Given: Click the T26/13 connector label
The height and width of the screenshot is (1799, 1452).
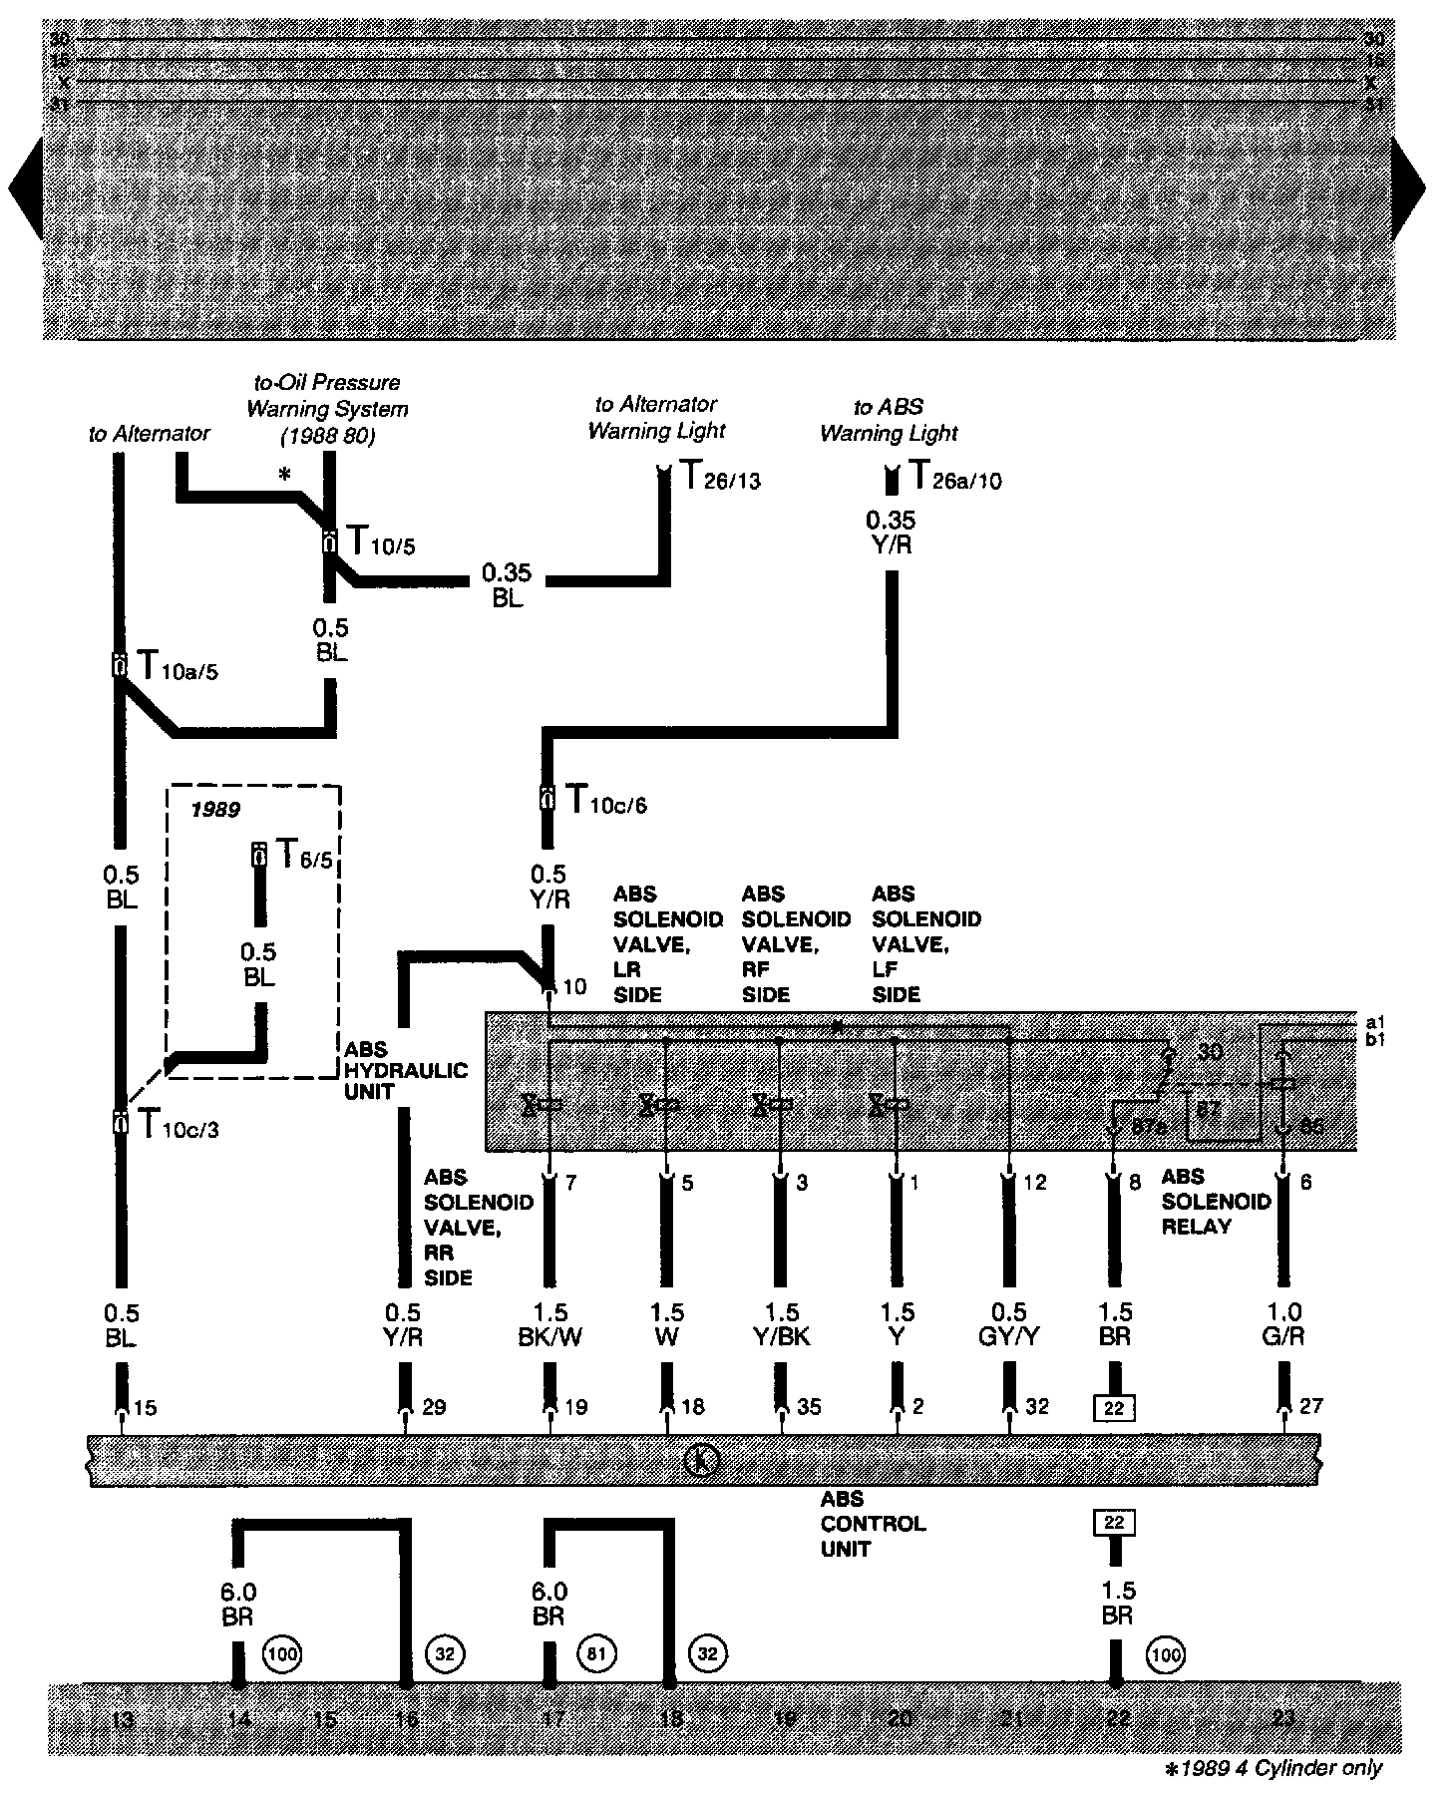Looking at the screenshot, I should (721, 478).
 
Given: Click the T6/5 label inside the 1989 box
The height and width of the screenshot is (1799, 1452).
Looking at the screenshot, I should (303, 855).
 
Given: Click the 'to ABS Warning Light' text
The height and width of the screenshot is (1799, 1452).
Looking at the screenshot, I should (889, 420).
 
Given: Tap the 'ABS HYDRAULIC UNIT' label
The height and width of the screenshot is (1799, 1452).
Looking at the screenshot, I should (406, 1070).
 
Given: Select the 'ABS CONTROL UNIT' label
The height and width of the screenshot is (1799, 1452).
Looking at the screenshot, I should (873, 1524).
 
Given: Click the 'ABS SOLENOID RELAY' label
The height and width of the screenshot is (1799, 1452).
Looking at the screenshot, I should (1216, 1202).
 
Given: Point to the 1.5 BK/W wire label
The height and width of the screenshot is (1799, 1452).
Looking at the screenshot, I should (548, 1324).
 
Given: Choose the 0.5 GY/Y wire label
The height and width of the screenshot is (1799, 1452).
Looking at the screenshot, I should (1010, 1324).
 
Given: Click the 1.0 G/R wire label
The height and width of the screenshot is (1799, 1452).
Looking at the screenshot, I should (1282, 1324).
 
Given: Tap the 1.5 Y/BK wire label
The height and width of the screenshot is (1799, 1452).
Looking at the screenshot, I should (782, 1324).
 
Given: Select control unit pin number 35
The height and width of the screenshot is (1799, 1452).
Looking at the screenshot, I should (809, 1407).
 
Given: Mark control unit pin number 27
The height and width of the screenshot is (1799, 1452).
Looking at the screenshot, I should (1311, 1406).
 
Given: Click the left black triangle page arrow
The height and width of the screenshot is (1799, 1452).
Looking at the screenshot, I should (26, 189).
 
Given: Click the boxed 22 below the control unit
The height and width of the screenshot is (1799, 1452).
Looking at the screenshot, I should (1114, 1522).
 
